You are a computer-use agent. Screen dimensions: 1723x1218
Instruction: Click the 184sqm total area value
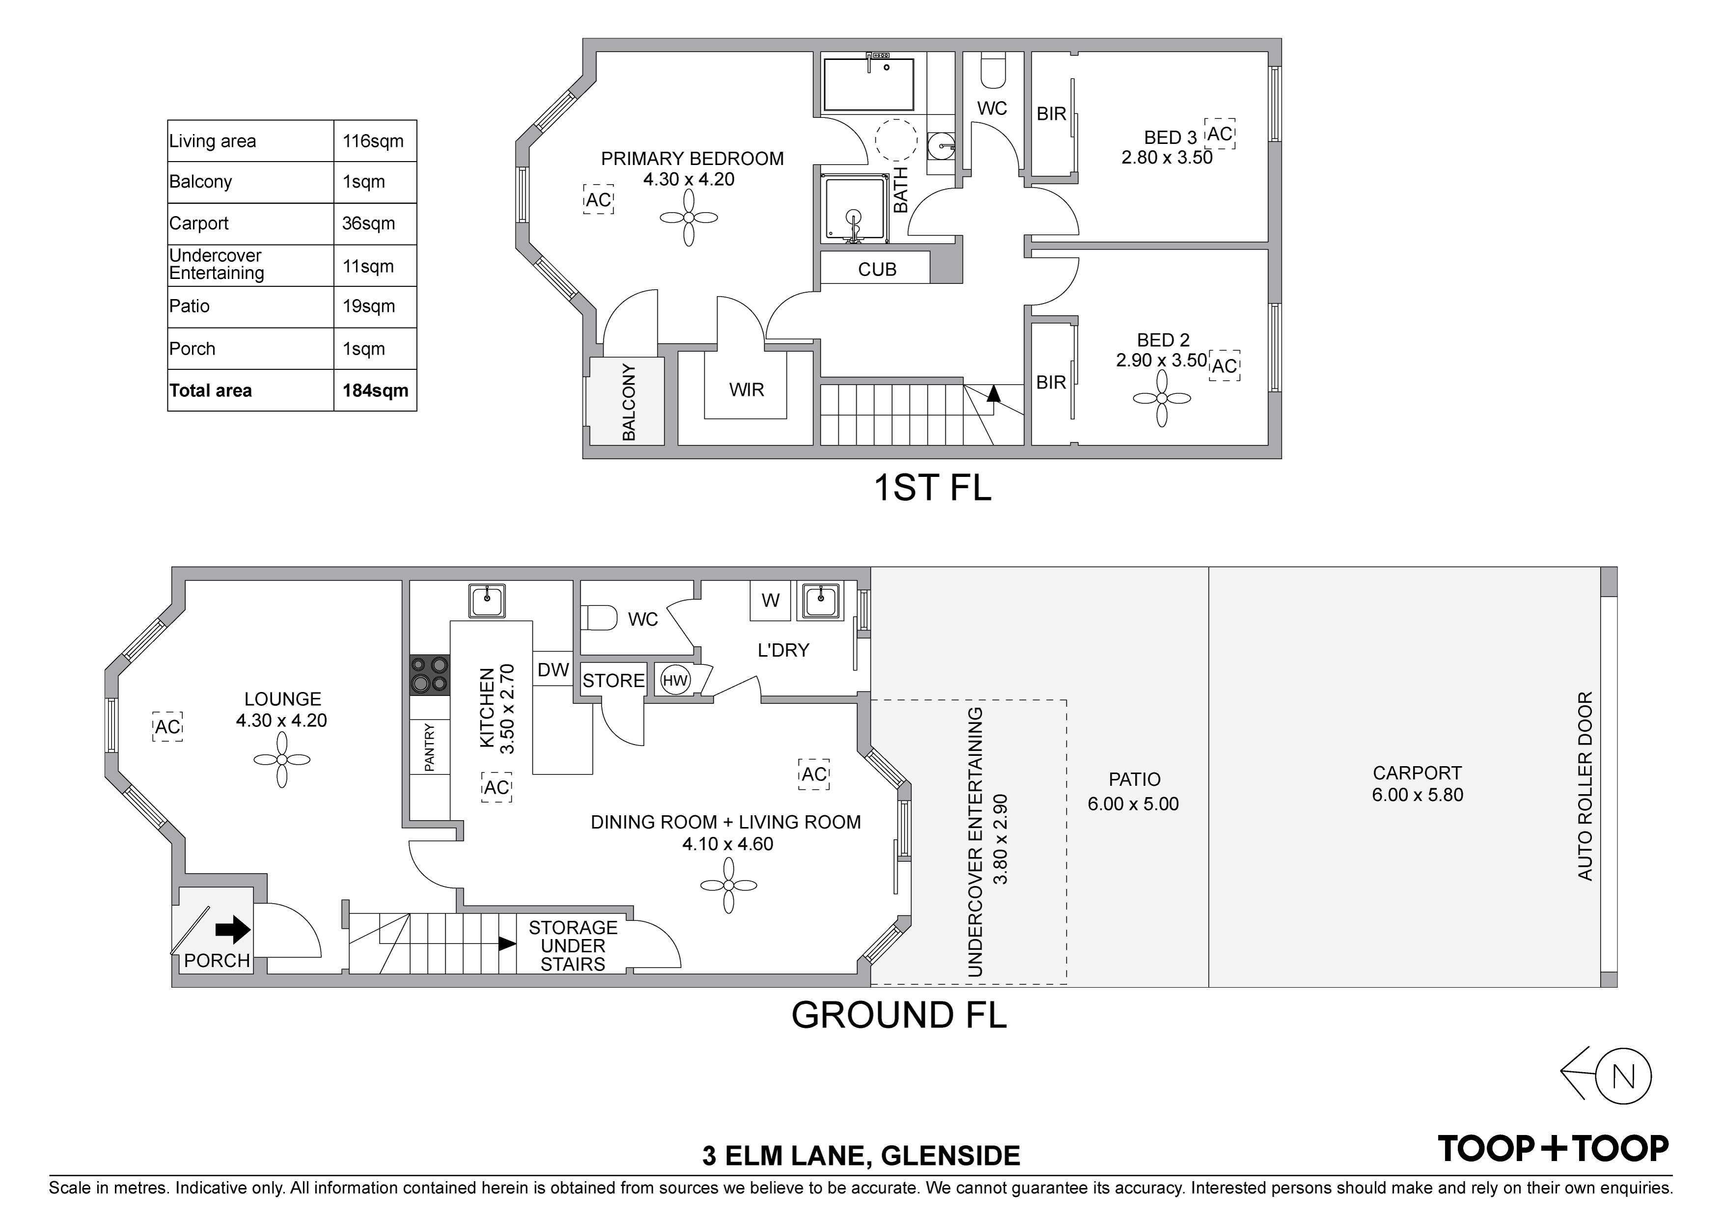point(375,390)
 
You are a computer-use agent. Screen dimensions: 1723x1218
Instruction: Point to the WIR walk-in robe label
point(747,389)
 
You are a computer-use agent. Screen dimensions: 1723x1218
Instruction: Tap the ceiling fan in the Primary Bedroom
point(689,218)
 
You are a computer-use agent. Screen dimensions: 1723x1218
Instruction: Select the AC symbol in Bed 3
point(1220,134)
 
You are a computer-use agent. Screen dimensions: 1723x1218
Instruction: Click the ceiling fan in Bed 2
point(1162,398)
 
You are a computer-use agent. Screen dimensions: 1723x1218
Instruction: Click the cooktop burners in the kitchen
point(430,675)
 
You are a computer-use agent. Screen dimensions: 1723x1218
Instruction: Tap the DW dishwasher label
point(553,669)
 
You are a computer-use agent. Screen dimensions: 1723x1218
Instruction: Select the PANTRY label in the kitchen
point(429,747)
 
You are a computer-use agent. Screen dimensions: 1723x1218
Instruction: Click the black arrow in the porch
point(233,929)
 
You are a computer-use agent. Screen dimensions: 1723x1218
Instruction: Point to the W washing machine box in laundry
point(771,600)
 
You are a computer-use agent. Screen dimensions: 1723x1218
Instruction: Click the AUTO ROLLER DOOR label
point(1584,786)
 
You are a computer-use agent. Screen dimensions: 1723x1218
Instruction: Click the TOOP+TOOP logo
point(1553,1148)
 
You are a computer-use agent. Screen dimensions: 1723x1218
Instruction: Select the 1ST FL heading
point(932,487)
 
